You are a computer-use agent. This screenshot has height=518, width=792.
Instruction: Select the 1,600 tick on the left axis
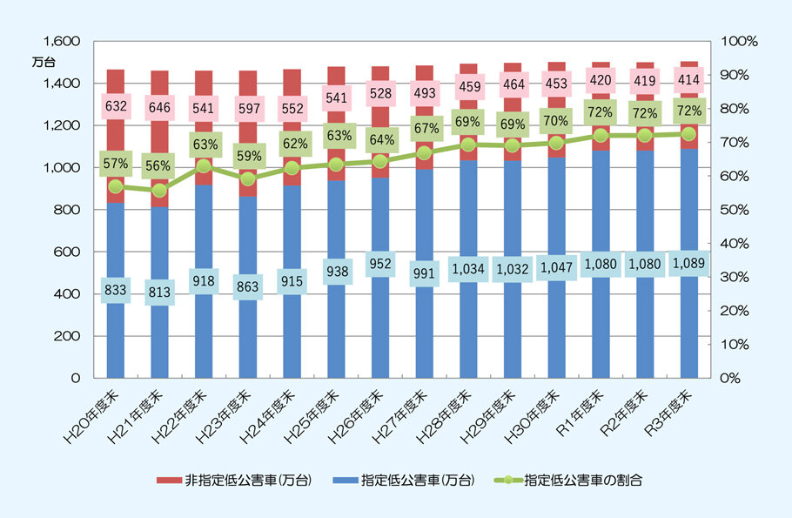tap(61, 41)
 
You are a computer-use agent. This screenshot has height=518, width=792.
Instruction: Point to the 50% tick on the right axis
tap(739, 210)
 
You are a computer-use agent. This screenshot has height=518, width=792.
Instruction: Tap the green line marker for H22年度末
tap(204, 165)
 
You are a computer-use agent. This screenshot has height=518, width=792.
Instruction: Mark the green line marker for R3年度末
tap(688, 134)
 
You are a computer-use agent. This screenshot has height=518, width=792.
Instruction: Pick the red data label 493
tap(425, 91)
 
